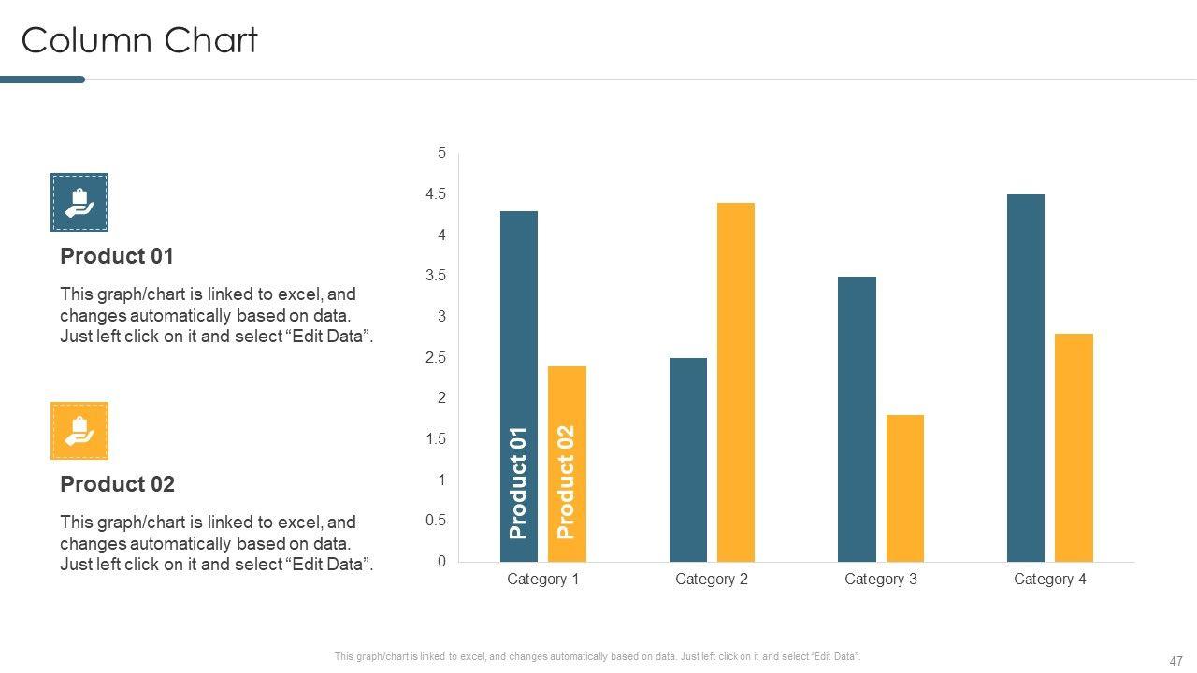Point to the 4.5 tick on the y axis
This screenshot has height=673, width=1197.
tap(436, 194)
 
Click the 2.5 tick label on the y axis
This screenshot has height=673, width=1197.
tap(436, 358)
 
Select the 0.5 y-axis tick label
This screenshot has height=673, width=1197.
tap(436, 521)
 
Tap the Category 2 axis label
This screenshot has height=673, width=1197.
tap(712, 580)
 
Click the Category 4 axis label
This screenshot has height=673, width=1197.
tap(1050, 580)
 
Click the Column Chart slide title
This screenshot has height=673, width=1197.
tap(139, 41)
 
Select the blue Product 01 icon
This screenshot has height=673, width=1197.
tap(79, 202)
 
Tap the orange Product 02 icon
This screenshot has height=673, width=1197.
tap(79, 431)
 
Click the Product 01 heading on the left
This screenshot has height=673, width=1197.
tap(117, 256)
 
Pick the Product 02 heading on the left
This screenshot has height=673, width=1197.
tap(117, 484)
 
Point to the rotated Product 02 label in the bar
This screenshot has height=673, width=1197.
tap(566, 482)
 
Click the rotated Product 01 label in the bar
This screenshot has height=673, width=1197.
tap(519, 482)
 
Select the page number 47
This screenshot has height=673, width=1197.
tap(1175, 660)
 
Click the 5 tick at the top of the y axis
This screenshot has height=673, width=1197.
tap(442, 153)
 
